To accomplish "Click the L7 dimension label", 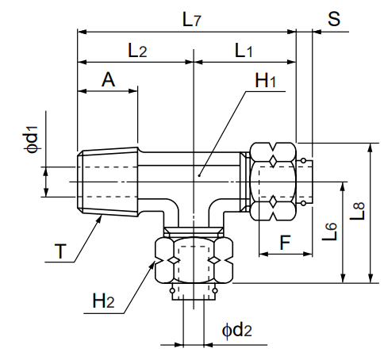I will (x=191, y=20).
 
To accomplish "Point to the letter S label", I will (x=334, y=18).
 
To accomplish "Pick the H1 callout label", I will (x=266, y=81).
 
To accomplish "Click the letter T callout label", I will (x=60, y=252).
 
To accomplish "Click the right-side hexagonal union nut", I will (x=274, y=181).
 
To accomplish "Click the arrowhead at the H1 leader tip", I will (x=200, y=171).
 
